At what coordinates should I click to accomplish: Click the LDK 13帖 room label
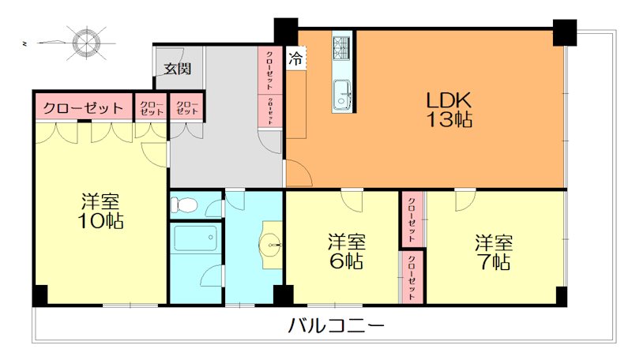449,111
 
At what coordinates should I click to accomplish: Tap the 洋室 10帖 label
102,210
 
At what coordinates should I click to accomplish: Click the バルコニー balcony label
337,325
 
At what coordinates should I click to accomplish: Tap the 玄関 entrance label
178,69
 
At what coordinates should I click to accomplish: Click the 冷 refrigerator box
295,58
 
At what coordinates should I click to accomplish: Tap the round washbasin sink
272,246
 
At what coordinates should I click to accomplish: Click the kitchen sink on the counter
343,93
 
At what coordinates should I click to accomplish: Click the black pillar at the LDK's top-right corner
564,31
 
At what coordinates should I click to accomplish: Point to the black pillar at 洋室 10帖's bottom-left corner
39,295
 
